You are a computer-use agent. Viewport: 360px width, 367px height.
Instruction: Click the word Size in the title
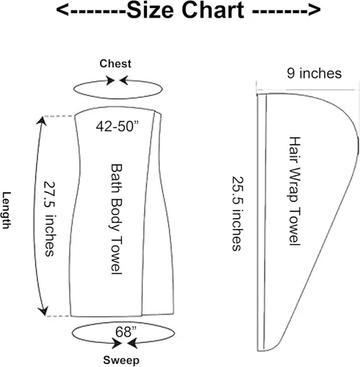tap(150, 10)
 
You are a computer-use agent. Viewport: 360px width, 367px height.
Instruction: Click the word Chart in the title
tap(213, 10)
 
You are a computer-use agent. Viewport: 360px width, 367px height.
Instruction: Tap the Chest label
tap(115, 64)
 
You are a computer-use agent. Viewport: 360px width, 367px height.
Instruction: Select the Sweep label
tap(121, 360)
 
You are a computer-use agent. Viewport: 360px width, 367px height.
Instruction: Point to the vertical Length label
tap(7, 210)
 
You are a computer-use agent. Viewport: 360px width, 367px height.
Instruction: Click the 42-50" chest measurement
tap(118, 126)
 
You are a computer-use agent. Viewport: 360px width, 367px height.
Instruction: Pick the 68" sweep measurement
tap(126, 332)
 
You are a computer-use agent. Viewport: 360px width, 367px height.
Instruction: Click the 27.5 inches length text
tap(49, 219)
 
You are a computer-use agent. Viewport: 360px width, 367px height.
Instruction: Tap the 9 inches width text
tap(314, 73)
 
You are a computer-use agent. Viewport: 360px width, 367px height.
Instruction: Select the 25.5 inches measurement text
tap(237, 214)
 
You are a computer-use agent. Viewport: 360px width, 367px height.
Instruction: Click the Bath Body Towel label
tap(117, 219)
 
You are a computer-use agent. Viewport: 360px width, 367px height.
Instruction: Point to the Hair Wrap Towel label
tap(295, 191)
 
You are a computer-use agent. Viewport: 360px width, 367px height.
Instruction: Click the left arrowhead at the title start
tap(62, 10)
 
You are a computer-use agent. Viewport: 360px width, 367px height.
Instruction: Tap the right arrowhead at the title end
tap(314, 10)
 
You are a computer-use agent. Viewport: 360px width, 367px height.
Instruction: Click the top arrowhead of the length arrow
tap(42, 121)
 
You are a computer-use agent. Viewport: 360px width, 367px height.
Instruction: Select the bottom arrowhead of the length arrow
tap(43, 310)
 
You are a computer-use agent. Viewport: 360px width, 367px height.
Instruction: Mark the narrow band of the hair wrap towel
tap(262, 222)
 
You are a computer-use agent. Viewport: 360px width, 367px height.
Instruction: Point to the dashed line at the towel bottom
tap(59, 316)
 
